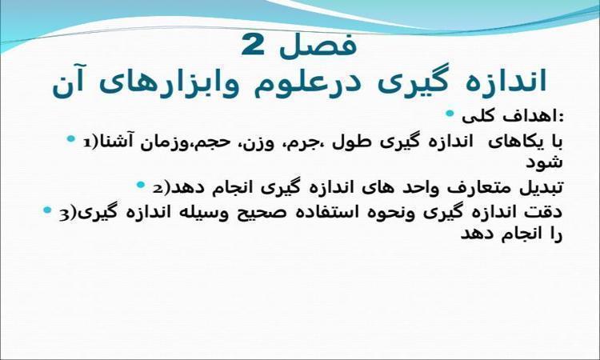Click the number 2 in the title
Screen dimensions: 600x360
pos(253,45)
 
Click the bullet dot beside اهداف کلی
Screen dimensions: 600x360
pos(450,114)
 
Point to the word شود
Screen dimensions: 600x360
pos(544,162)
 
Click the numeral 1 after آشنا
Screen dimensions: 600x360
pos(88,142)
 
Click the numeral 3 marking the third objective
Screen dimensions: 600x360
pos(64,214)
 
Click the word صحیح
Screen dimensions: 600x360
pos(254,213)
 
